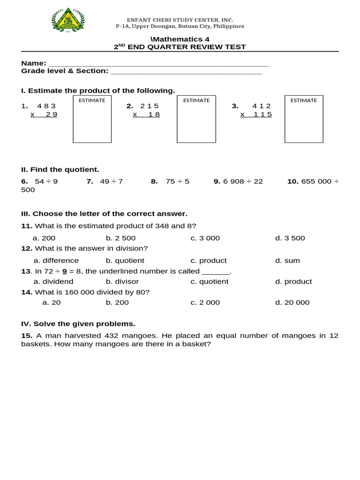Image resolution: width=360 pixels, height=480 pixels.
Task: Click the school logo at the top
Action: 68,21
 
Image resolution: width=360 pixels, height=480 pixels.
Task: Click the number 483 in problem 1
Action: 46,106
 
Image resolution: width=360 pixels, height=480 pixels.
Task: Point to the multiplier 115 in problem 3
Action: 262,114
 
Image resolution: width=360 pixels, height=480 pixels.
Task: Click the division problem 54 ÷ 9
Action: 46,181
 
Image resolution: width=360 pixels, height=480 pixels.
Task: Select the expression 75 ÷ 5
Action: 177,181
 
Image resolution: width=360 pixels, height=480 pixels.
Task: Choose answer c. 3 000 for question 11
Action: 205,238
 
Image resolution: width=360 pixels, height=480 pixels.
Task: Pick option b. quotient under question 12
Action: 125,261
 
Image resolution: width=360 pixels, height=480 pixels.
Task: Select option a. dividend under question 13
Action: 53,282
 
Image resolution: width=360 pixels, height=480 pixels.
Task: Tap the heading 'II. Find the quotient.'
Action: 60,170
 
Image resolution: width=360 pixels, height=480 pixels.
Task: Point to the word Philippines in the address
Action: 228,26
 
